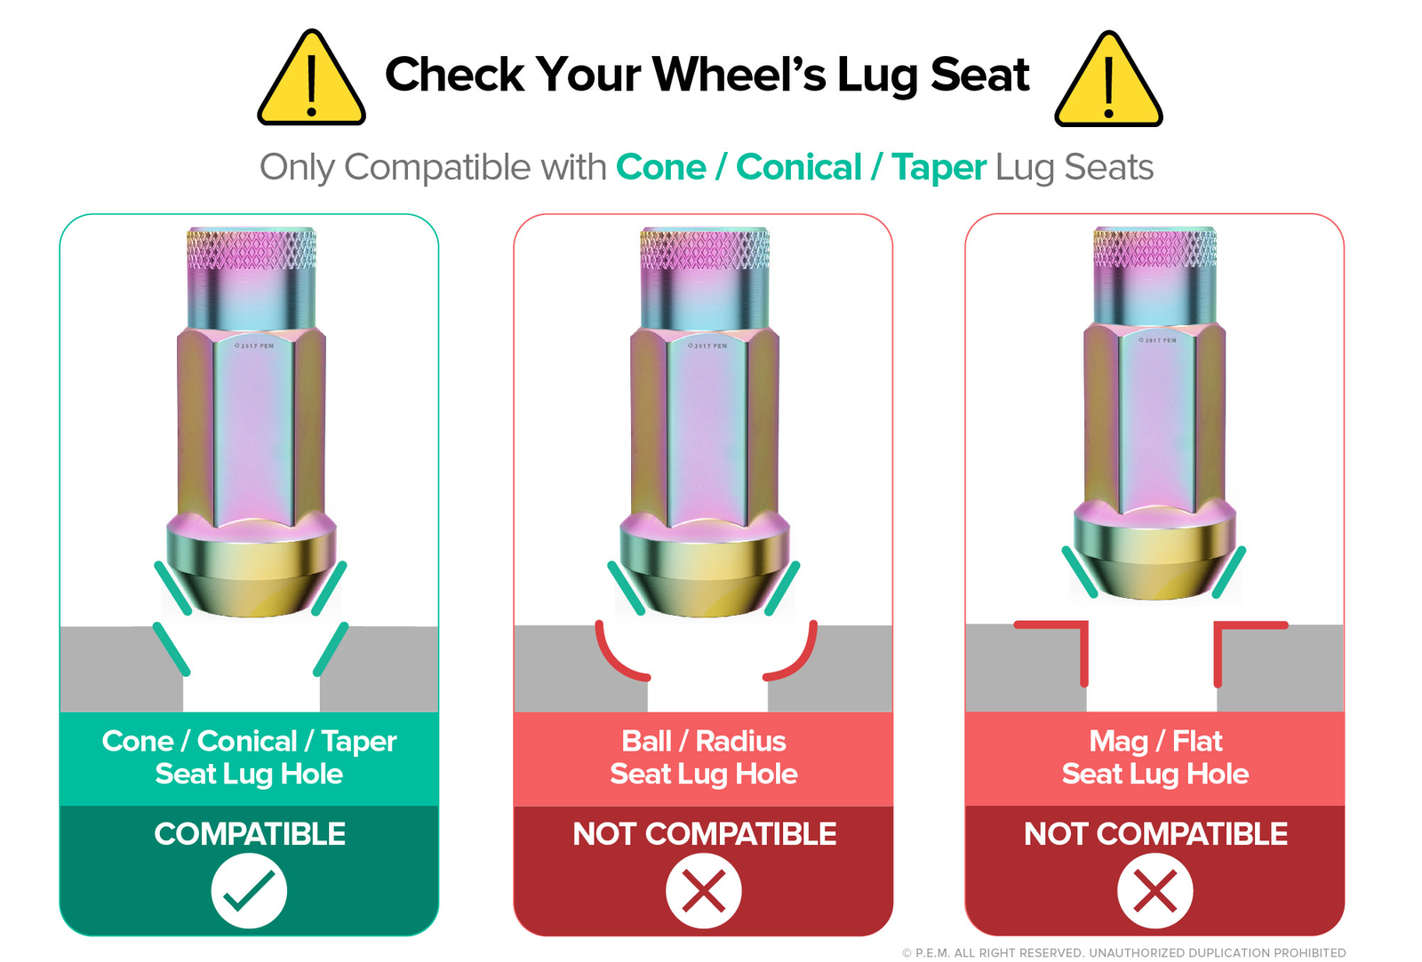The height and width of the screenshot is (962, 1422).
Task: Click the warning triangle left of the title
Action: (x=311, y=79)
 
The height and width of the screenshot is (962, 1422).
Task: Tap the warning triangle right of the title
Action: (x=1108, y=81)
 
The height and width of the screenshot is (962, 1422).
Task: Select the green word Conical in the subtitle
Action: (x=799, y=168)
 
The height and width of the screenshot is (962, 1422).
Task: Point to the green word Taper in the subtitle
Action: (x=939, y=169)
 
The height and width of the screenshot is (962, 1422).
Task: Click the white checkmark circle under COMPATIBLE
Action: (x=249, y=890)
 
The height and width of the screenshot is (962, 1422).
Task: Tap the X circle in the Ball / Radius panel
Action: (x=703, y=890)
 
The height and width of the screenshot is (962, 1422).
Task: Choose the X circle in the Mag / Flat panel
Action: (x=1154, y=890)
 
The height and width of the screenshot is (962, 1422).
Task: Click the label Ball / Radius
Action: (x=703, y=741)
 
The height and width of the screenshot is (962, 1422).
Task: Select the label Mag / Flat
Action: (x=1155, y=742)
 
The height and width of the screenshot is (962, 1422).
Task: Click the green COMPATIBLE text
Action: (x=250, y=834)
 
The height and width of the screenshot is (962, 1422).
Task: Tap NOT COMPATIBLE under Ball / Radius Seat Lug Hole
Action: (x=704, y=834)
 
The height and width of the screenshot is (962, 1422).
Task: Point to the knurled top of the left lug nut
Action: (x=252, y=249)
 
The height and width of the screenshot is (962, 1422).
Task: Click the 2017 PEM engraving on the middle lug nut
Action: (x=707, y=346)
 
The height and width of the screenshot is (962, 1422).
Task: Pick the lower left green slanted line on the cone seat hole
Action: (x=172, y=649)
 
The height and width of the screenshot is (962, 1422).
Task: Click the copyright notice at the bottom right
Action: (x=1123, y=952)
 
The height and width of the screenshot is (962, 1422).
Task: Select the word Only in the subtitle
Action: (x=297, y=169)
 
